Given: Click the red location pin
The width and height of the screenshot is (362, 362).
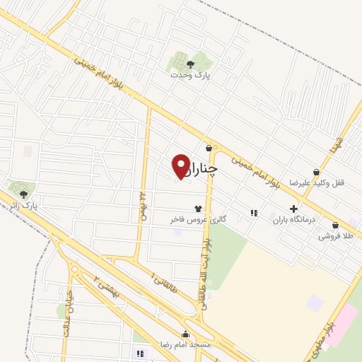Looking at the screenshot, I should [181, 166].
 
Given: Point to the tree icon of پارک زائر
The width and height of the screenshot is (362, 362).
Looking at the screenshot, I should [24, 193].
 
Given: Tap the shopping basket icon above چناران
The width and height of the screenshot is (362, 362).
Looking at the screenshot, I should [209, 148].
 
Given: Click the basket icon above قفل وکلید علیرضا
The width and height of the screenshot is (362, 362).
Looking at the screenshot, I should [317, 171].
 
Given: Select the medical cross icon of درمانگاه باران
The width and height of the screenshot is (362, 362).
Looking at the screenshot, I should [293, 209].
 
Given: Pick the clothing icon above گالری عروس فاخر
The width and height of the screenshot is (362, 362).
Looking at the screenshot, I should [197, 209].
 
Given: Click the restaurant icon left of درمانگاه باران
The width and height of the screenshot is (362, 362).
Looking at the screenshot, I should [253, 213].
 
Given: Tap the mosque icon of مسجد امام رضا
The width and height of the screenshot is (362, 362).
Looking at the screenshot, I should [185, 334].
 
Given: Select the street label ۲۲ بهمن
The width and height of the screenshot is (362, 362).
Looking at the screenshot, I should [142, 205].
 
